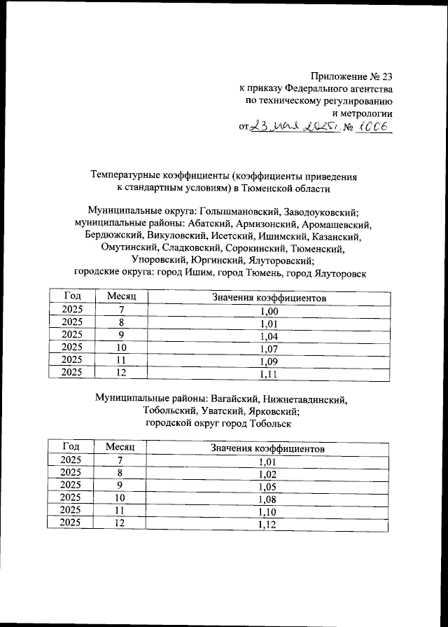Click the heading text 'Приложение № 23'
point(352,77)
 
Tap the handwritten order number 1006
point(374,128)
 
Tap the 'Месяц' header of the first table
point(121,298)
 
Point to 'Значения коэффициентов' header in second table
point(268,448)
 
